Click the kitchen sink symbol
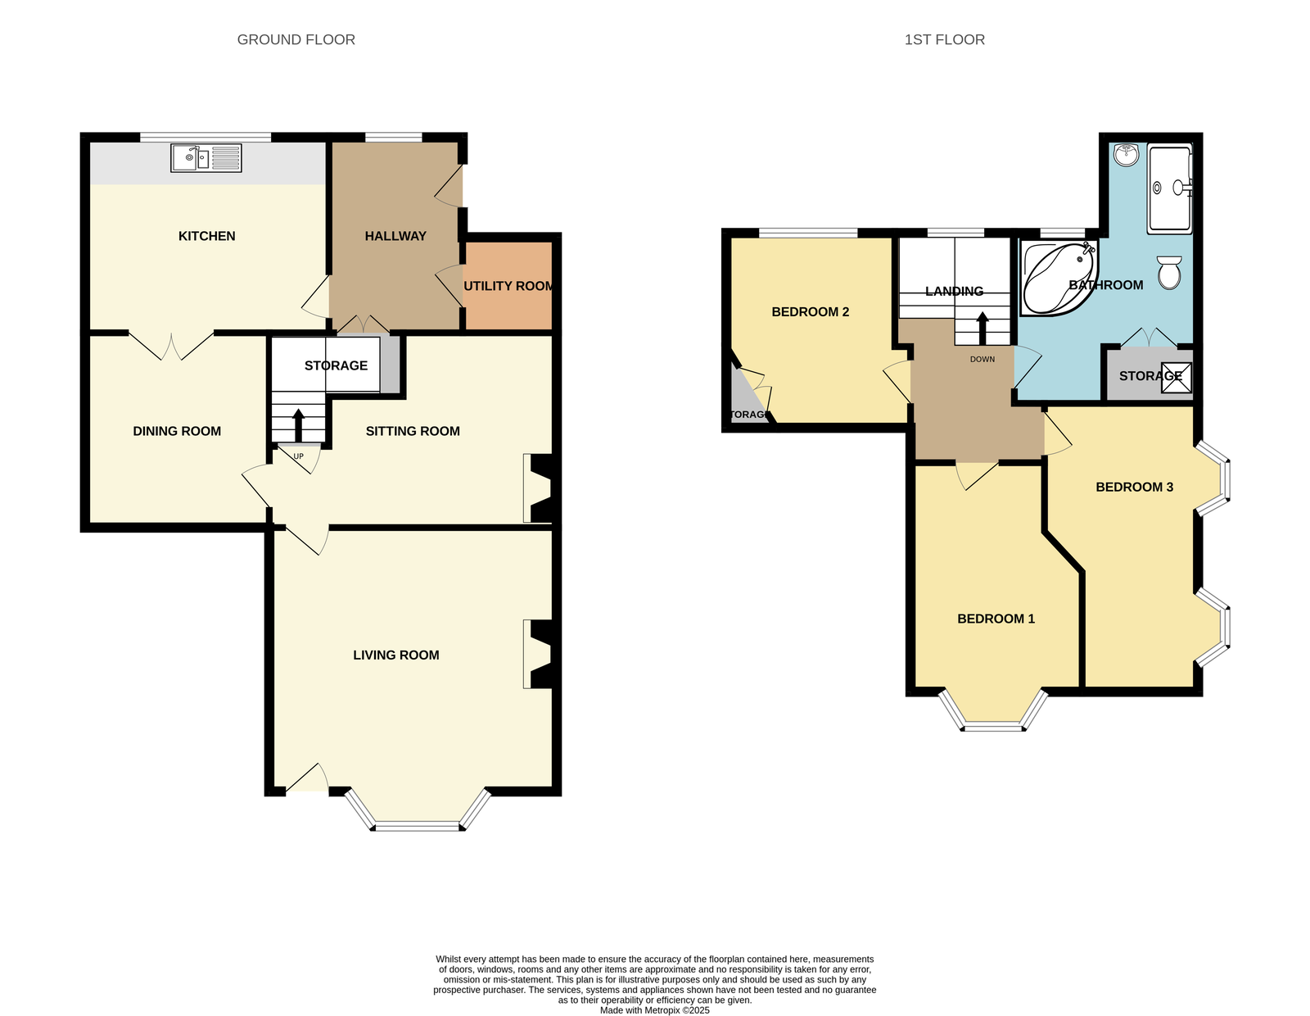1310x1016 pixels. coord(206,158)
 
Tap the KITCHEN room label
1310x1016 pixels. coord(207,236)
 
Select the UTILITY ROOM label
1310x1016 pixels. coord(508,286)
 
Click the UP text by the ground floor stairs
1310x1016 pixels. coord(298,456)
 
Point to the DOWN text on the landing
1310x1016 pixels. coord(982,359)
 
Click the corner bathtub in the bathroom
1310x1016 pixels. coord(1058,279)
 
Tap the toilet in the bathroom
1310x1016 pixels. coord(1169,273)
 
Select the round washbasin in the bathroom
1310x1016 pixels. coord(1126,155)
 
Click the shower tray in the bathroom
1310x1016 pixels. coord(1169,188)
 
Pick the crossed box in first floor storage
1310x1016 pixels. coord(1177,378)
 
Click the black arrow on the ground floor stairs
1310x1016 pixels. coord(298,425)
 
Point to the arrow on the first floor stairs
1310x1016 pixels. coord(982,329)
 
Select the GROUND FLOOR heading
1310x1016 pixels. coord(296,40)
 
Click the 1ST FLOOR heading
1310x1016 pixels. coord(945,40)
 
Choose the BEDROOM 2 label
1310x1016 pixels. coord(811,312)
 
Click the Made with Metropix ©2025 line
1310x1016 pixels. coord(655,1010)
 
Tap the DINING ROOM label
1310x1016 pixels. coord(177,431)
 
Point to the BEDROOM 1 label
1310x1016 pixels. coord(996,619)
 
